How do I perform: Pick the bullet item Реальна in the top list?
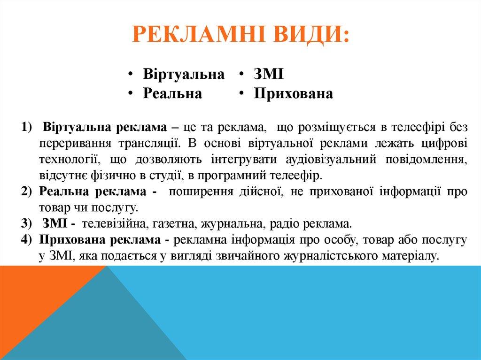172,94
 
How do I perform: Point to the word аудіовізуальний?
331,160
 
